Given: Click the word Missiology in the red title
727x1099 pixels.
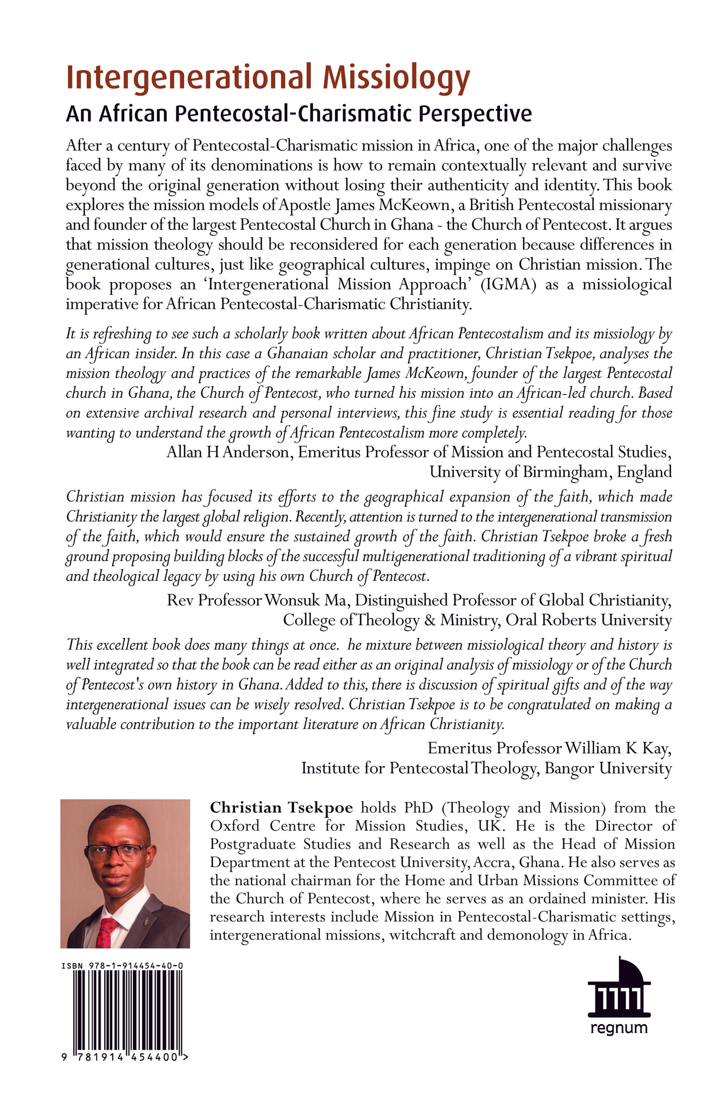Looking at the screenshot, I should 396,78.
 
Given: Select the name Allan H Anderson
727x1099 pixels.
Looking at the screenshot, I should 228,452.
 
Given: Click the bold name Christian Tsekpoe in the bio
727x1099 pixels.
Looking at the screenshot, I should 281,808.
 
